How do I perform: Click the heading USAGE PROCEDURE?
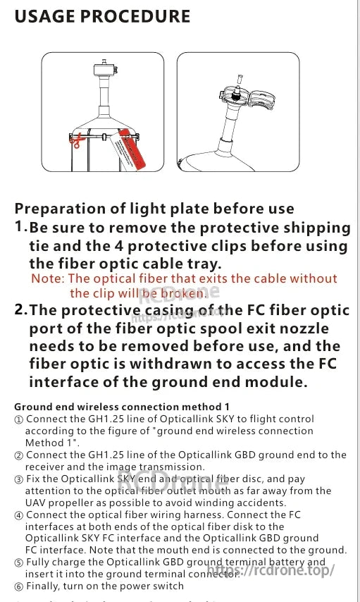point(102,16)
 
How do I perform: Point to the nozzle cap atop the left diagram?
point(104,69)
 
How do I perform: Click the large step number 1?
point(20,227)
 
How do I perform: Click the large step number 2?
point(21,309)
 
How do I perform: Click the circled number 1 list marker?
point(19,419)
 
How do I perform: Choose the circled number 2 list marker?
point(19,455)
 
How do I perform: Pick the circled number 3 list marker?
point(19,479)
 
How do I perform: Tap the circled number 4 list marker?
point(19,515)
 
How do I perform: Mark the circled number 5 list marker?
point(19,563)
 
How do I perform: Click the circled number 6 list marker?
point(19,586)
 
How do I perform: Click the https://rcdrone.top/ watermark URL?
point(272,570)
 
